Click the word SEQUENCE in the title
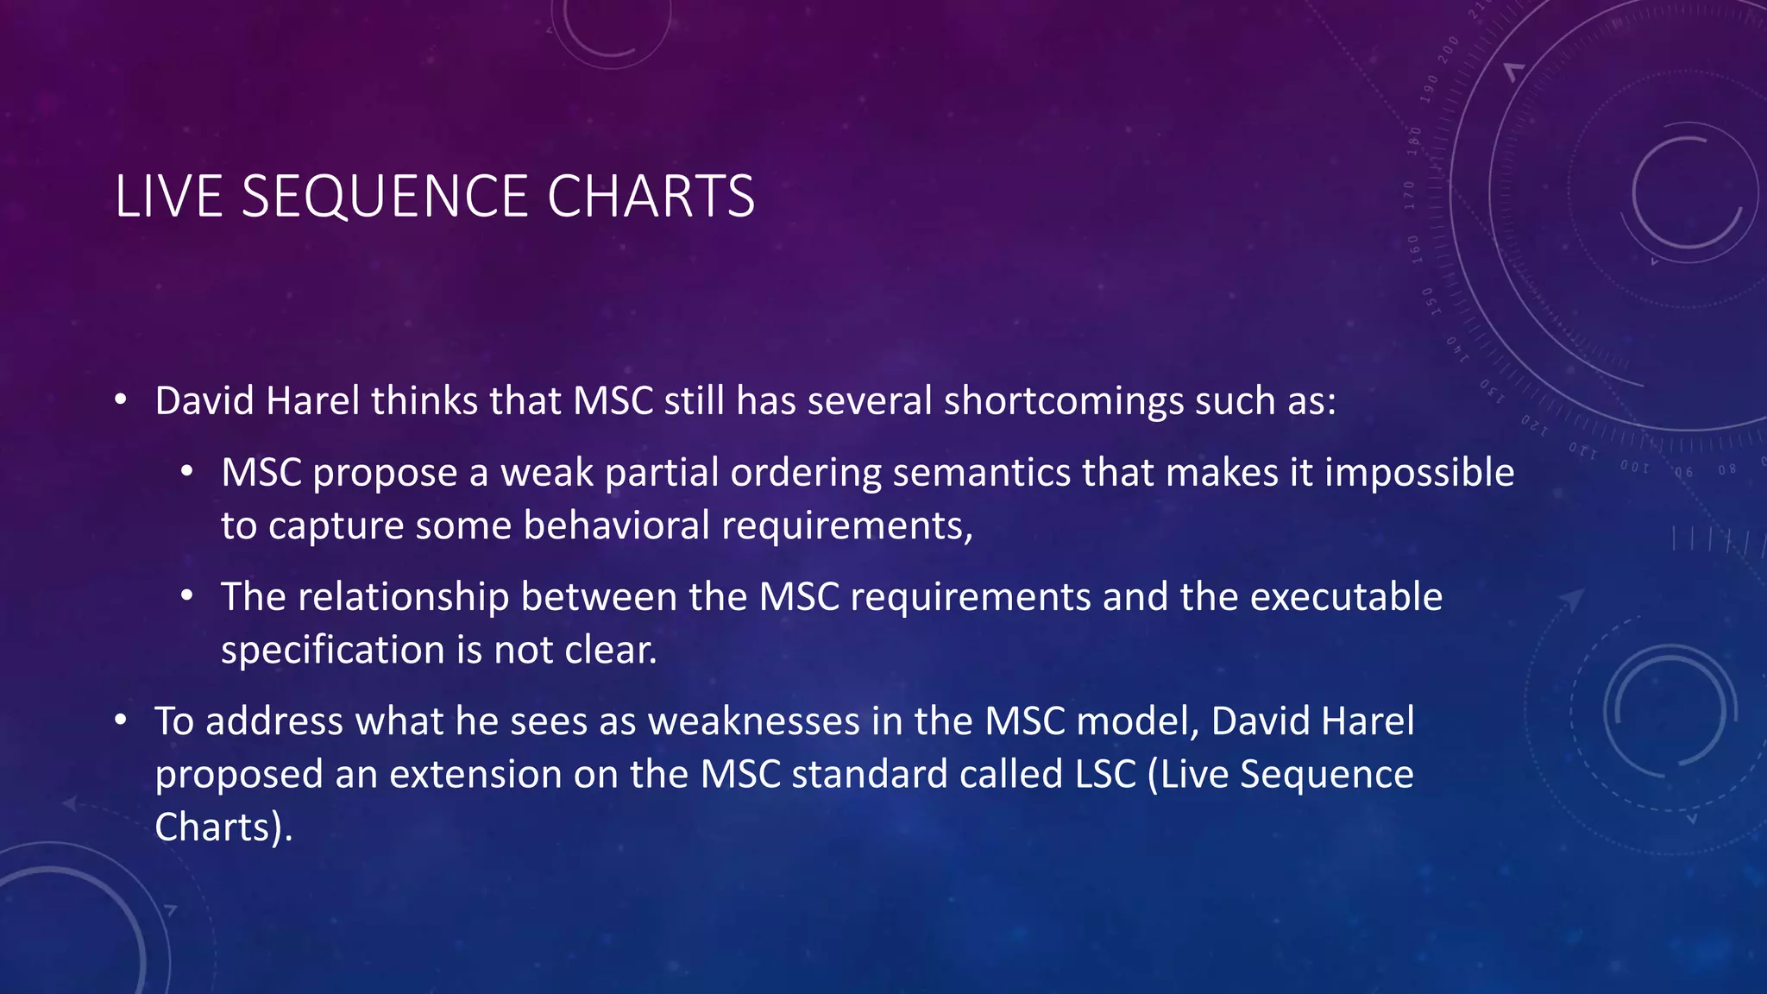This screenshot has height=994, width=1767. point(383,197)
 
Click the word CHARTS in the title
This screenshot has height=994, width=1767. point(651,197)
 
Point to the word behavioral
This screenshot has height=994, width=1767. point(616,526)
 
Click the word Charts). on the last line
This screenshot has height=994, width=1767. point(223,827)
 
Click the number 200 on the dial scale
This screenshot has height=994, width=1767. point(1448,48)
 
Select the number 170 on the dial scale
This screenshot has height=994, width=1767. point(1410,195)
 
